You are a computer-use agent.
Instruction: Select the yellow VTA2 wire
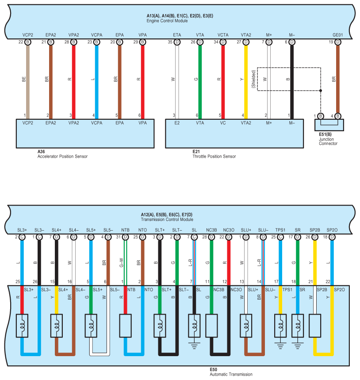246,80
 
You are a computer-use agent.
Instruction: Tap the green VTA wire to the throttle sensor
200,80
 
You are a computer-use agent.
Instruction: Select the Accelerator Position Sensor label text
62,156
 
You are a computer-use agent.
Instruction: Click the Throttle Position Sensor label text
214,156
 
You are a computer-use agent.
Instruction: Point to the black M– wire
291,80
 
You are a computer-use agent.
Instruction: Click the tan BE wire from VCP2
27,80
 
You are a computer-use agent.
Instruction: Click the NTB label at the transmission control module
126,230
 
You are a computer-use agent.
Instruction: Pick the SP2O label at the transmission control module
332,230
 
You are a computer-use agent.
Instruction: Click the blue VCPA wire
96,80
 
